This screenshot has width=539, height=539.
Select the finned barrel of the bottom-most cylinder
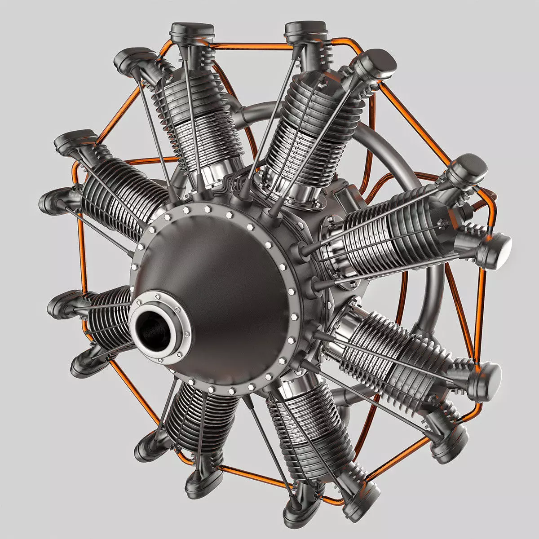[305, 431]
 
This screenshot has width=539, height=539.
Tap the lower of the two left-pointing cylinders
[106, 314]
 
